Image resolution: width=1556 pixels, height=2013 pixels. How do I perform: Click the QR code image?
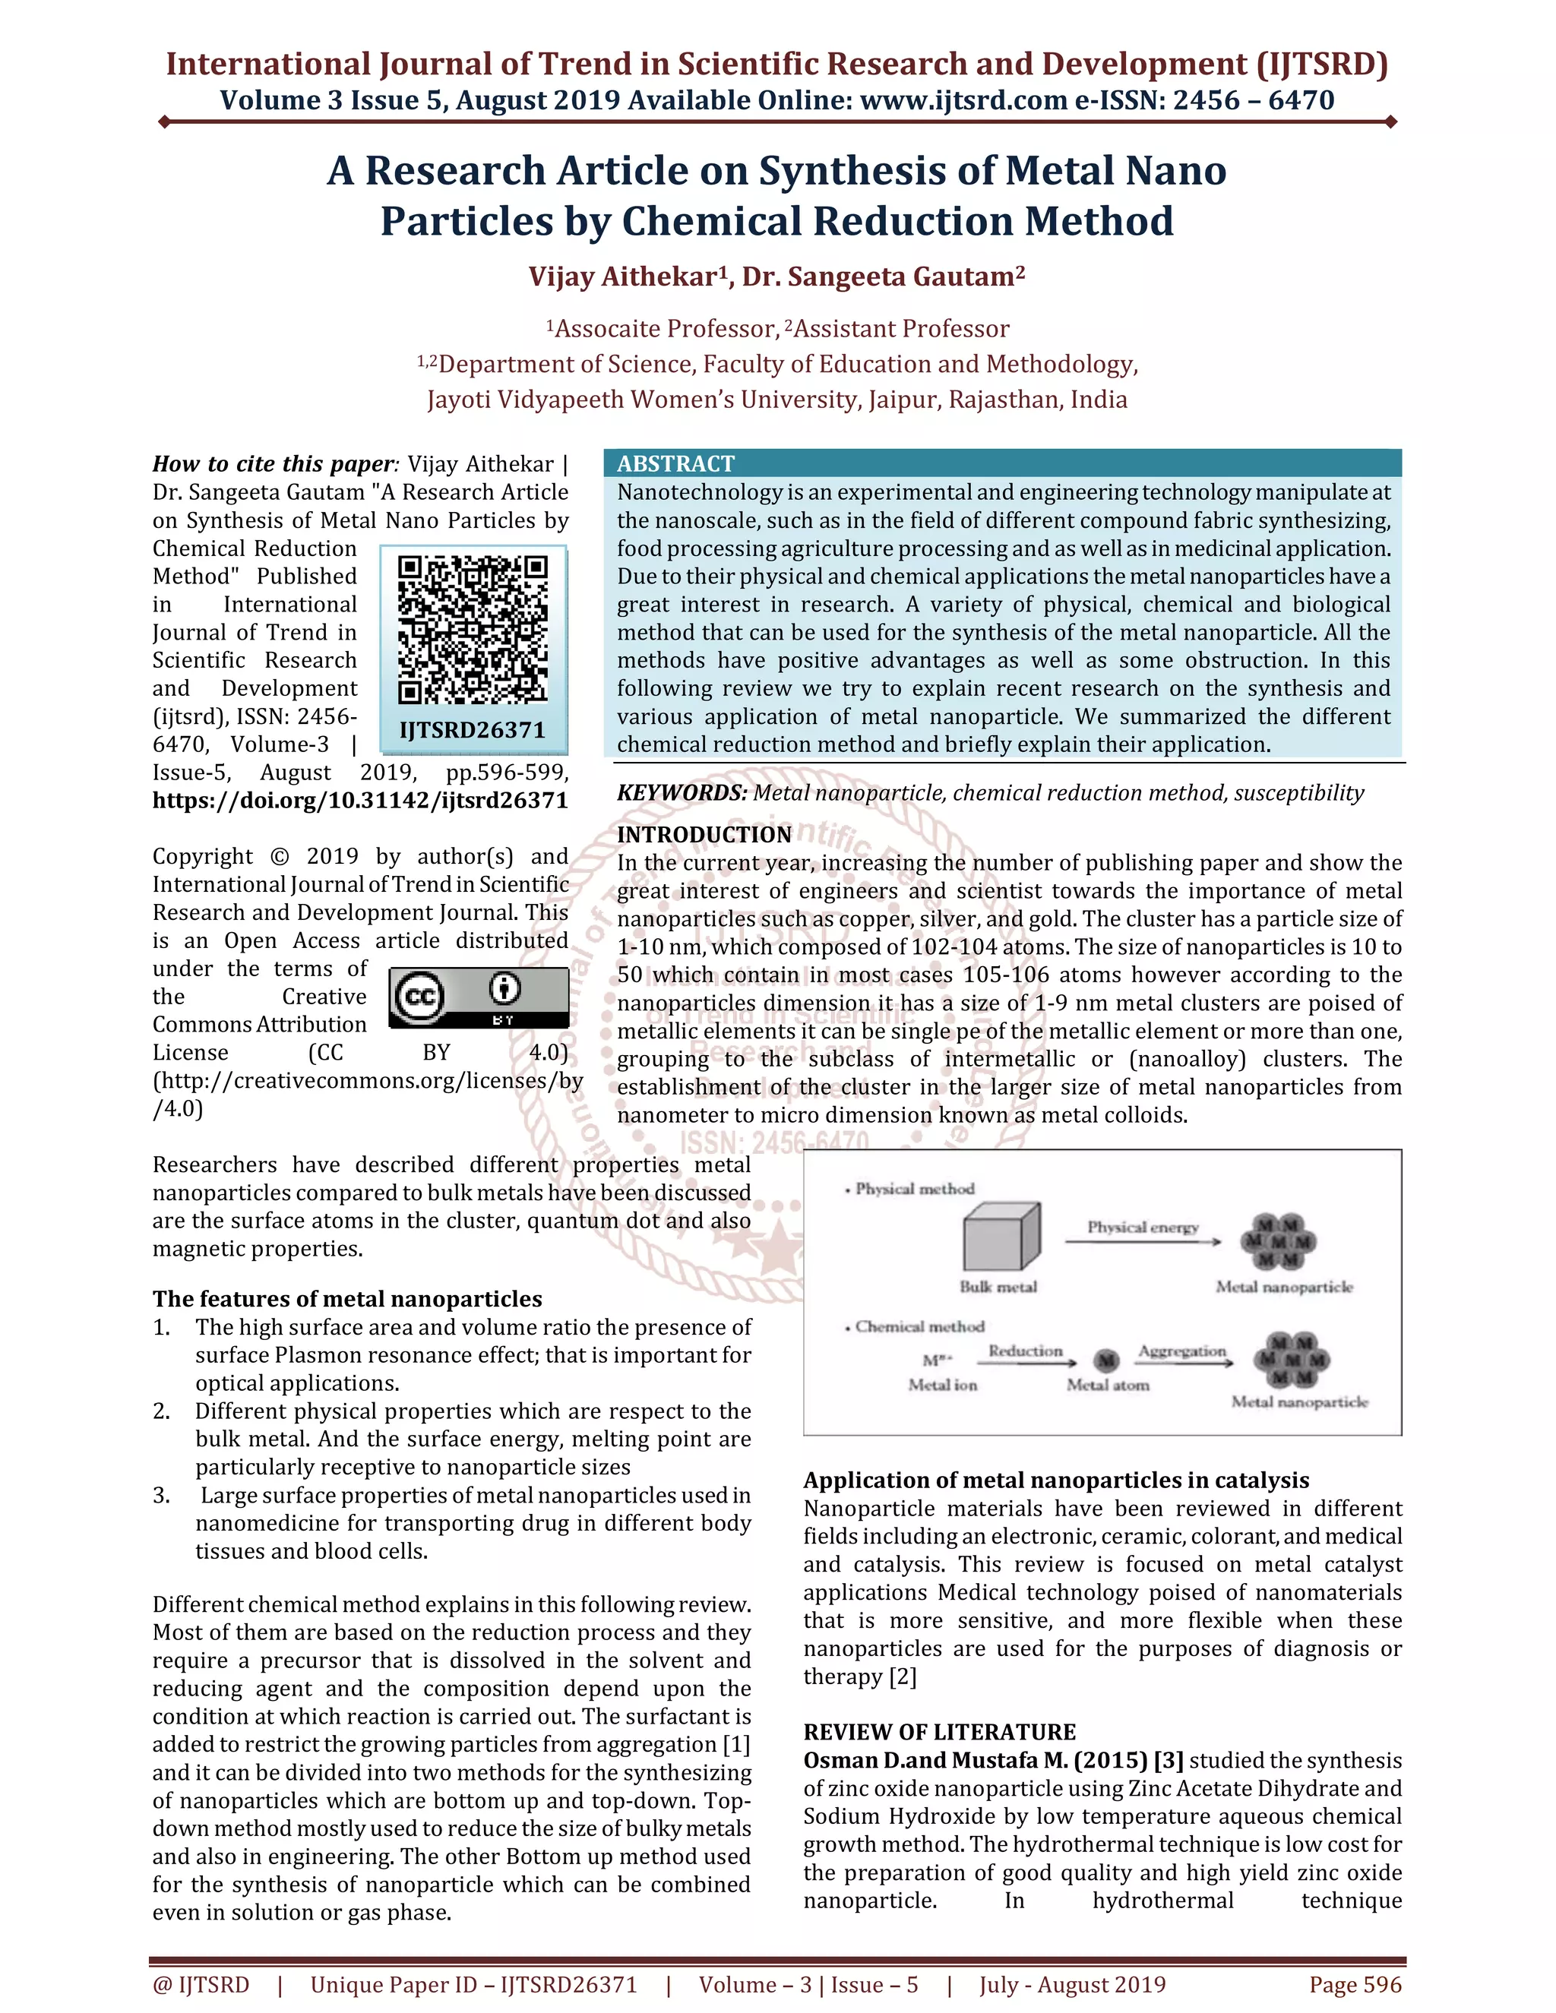tap(473, 630)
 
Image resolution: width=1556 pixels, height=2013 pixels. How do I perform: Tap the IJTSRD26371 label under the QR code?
tap(472, 730)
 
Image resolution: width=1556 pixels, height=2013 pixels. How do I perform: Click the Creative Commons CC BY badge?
tap(479, 997)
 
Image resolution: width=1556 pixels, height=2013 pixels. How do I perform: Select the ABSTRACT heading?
tap(675, 463)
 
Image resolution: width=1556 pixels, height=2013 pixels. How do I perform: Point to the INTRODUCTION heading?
tap(704, 834)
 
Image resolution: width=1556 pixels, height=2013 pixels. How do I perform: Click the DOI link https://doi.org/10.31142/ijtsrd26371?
tap(360, 800)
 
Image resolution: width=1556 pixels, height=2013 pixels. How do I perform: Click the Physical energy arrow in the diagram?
tap(1142, 1241)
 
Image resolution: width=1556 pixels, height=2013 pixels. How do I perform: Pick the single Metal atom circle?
tap(1106, 1360)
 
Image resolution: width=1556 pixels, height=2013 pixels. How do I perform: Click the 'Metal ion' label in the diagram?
tap(942, 1384)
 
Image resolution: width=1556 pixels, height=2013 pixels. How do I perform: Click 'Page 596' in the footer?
tap(1355, 1984)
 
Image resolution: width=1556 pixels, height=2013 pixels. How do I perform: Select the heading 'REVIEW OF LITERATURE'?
tap(939, 1732)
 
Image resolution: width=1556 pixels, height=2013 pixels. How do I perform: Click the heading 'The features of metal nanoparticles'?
tap(347, 1299)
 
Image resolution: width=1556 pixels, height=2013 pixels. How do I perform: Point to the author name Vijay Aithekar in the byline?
tap(623, 277)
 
